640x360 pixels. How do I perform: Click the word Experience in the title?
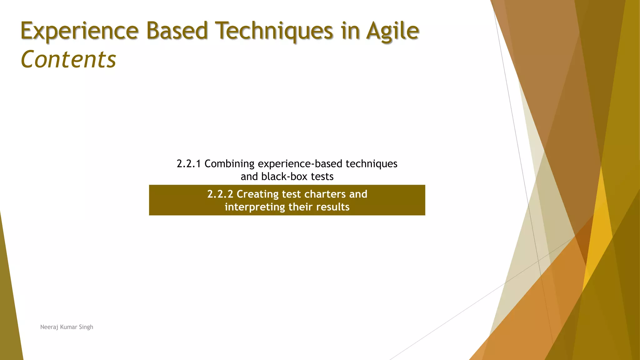[x=79, y=31]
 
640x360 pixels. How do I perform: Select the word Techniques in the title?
[x=275, y=31]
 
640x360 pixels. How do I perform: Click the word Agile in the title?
[x=392, y=31]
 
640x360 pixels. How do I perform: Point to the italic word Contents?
[x=68, y=59]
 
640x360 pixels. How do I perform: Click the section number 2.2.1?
[x=189, y=164]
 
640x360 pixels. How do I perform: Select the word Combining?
[x=229, y=164]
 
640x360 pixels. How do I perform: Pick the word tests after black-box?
[x=322, y=177]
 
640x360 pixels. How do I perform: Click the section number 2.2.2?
[x=220, y=194]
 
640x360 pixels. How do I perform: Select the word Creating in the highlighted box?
[x=257, y=194]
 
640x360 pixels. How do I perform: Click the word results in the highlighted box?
[x=332, y=207]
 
